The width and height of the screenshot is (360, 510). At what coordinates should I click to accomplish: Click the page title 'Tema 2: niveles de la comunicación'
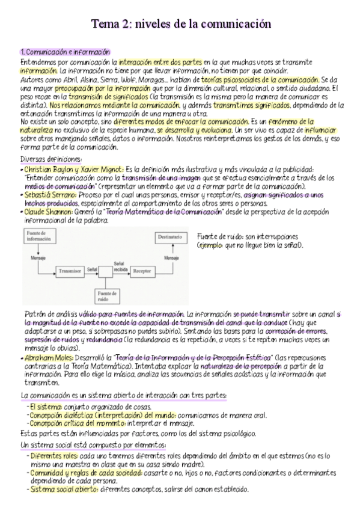click(x=180, y=24)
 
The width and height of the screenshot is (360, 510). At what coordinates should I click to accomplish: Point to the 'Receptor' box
click(x=142, y=271)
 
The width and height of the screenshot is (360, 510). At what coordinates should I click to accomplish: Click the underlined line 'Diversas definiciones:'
click(x=51, y=159)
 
